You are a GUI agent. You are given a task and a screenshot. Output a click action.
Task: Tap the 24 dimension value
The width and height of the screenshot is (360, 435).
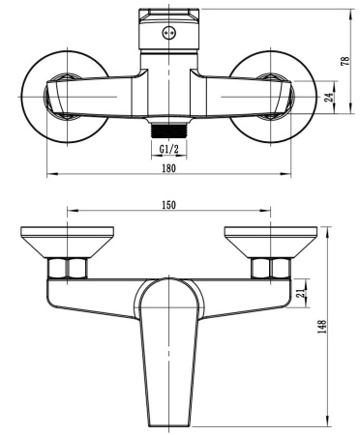pyautogui.click(x=330, y=97)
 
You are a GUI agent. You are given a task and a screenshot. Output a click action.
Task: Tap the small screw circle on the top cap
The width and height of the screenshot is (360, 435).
pyautogui.click(x=168, y=32)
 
